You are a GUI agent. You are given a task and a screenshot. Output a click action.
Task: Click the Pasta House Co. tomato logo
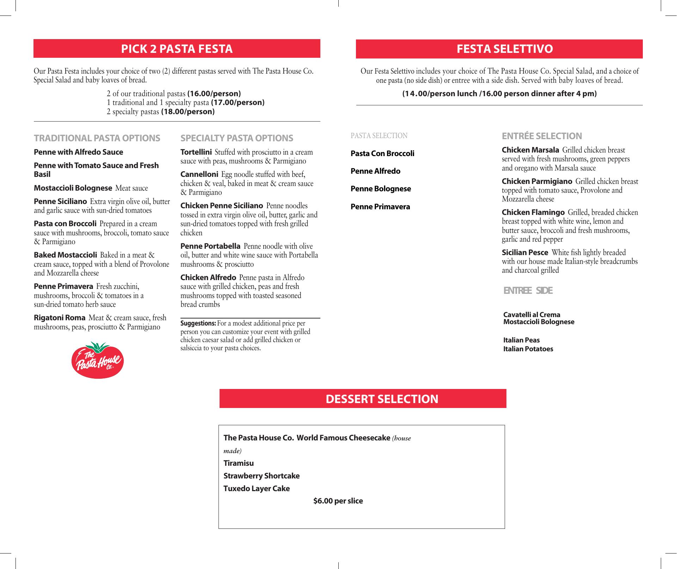[98, 360]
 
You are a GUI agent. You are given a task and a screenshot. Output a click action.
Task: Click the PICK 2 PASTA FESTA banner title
[177, 49]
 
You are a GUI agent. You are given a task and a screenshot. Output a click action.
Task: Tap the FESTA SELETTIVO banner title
[505, 49]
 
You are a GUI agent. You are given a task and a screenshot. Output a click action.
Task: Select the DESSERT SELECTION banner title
[382, 399]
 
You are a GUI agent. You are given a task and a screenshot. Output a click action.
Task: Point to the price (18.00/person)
[188, 112]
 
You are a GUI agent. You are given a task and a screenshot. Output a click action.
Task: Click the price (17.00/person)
[238, 103]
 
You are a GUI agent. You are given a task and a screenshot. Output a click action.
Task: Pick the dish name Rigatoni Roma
[60, 318]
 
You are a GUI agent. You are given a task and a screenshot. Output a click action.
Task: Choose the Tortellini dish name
[196, 152]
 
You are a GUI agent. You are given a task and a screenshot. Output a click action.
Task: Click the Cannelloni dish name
[199, 174]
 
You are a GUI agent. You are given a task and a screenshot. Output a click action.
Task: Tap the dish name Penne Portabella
[210, 246]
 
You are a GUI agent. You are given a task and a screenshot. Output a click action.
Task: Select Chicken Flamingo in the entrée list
[533, 212]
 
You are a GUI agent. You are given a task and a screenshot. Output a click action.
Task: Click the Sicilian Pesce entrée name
[525, 253]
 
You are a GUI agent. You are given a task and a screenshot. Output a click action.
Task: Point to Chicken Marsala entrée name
[530, 150]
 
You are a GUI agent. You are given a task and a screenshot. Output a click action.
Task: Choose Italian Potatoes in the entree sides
[528, 349]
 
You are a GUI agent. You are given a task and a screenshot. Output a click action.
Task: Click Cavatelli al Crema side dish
[531, 315]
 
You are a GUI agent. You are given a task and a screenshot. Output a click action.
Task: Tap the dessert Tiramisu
[239, 463]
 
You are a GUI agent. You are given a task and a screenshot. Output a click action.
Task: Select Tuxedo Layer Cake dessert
[257, 488]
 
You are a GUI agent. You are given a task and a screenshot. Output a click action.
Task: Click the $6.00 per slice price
[338, 501]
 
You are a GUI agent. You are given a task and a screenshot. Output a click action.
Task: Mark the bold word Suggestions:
[198, 323]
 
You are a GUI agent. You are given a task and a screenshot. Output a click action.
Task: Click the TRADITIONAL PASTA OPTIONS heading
[97, 138]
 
